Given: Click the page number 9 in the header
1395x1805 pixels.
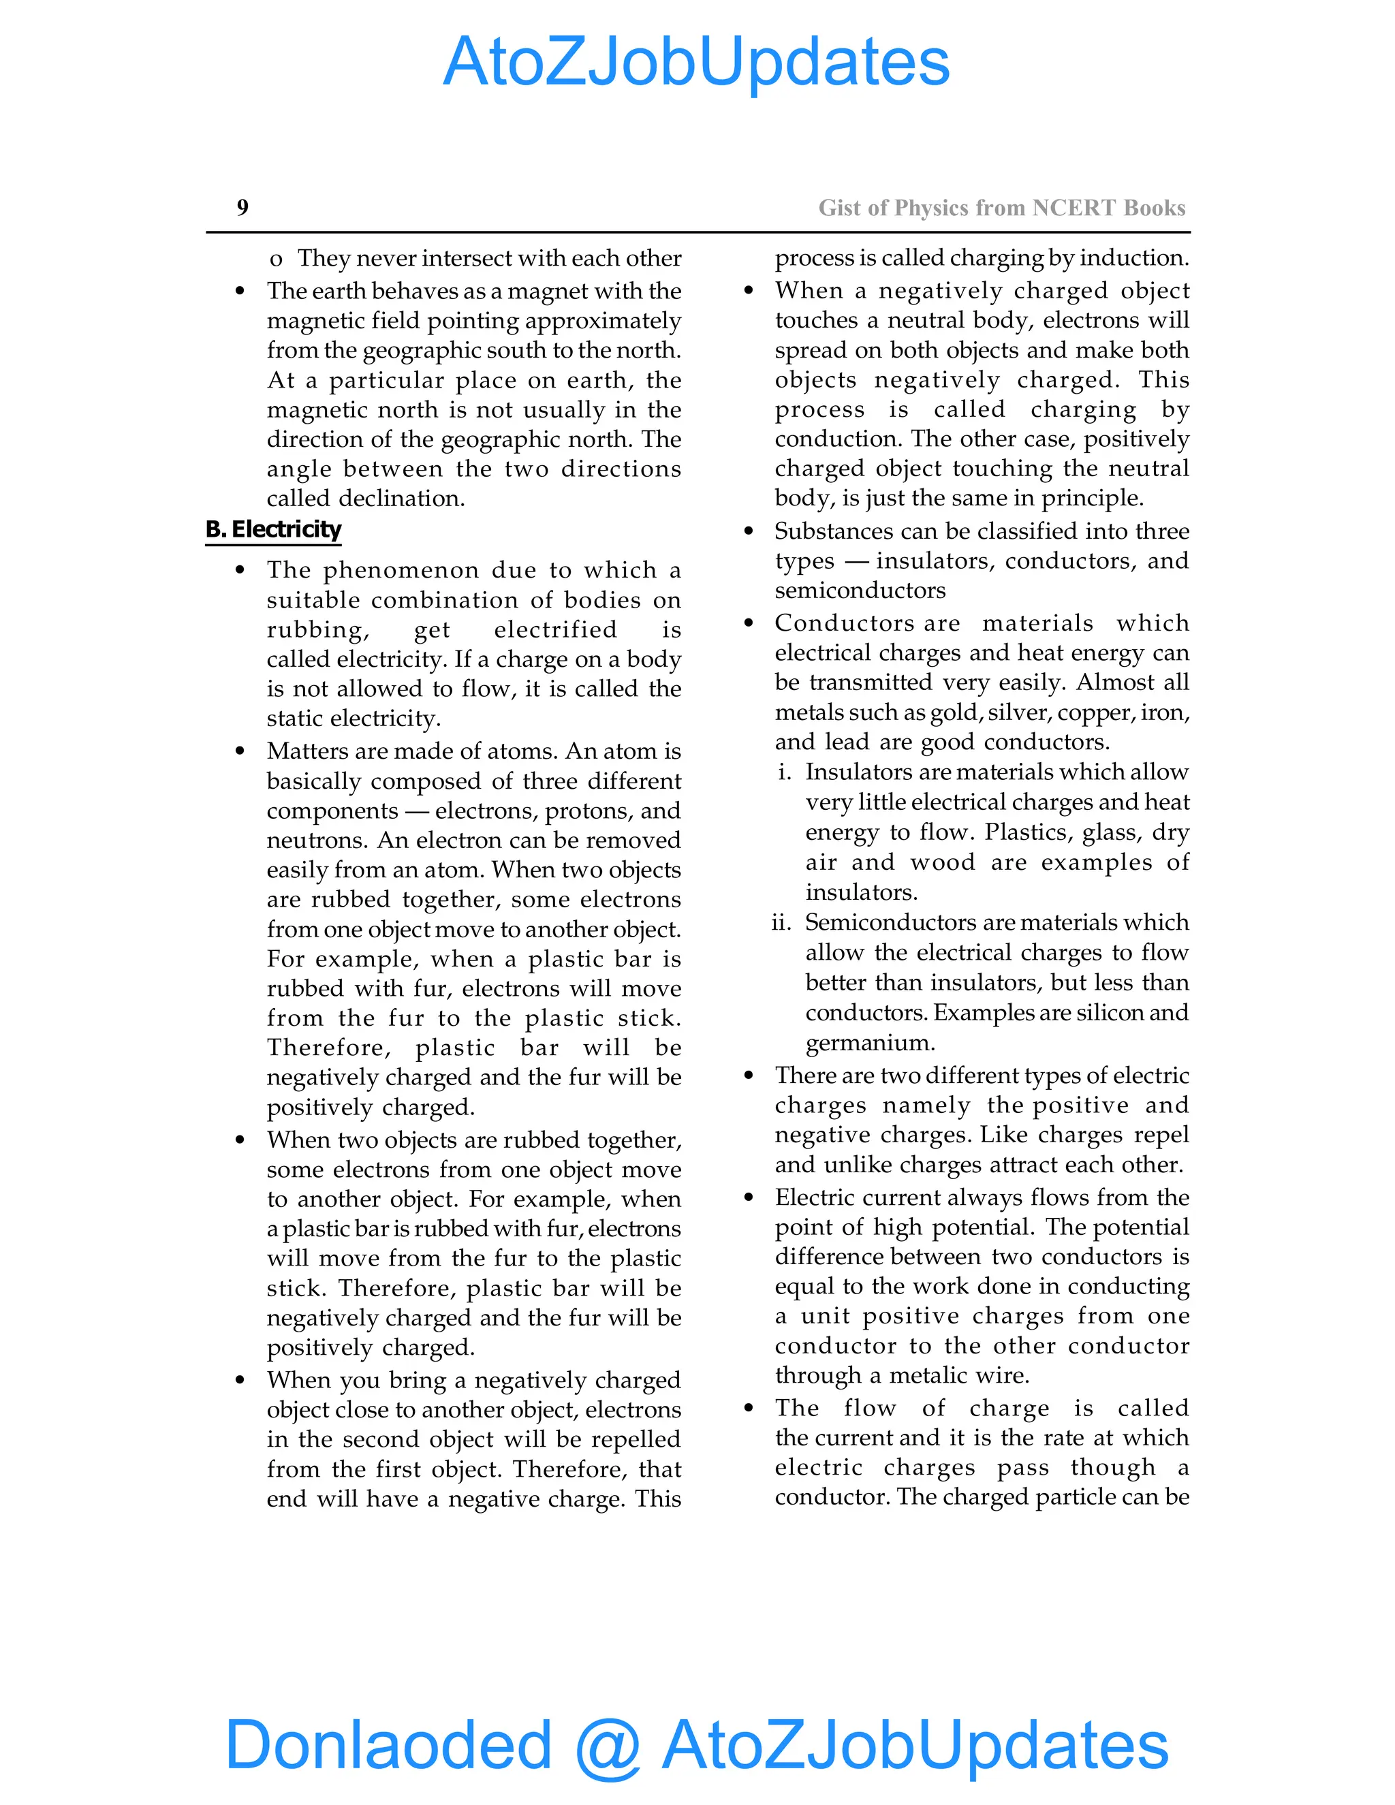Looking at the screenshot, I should [242, 208].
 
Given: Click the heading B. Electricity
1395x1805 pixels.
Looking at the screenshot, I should [274, 529].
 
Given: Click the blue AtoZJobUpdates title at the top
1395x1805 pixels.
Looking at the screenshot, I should [697, 62].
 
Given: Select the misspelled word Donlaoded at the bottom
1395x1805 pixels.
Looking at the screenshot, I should [388, 1744].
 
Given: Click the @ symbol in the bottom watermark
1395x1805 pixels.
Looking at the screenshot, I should [608, 1746].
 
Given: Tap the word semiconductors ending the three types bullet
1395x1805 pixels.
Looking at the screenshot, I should [860, 590].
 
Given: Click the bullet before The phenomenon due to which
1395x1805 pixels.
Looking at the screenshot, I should [240, 570].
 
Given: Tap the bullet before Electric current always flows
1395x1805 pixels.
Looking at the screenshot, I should [749, 1197].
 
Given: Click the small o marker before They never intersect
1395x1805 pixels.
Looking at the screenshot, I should [276, 260].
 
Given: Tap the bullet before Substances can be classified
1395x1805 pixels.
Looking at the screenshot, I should [749, 531].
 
